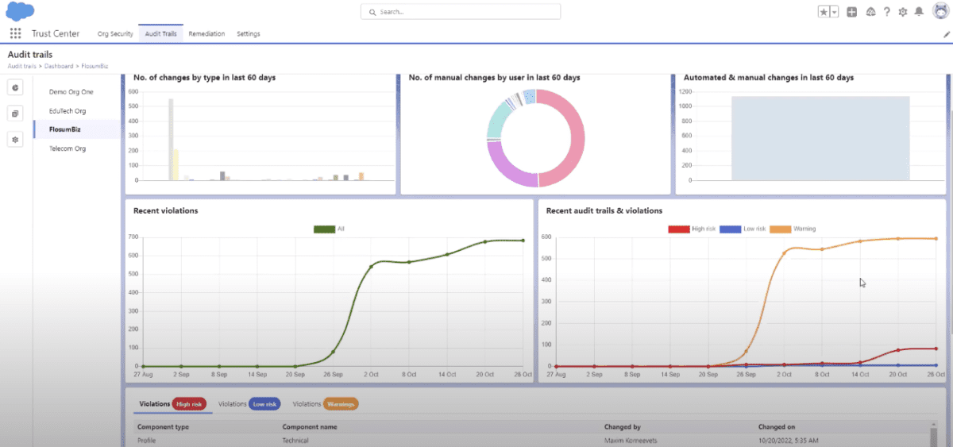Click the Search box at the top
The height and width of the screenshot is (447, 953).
coord(461,12)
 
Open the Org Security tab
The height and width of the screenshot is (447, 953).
coord(115,34)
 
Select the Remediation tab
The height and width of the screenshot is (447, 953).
coord(206,34)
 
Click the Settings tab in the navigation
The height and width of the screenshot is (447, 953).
coord(249,34)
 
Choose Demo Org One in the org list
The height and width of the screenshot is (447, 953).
coord(71,92)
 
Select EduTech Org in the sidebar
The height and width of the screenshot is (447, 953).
coord(68,111)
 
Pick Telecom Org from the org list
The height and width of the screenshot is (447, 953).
coord(68,148)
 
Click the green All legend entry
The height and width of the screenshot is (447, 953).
coord(330,229)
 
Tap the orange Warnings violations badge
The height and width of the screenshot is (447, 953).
coord(341,404)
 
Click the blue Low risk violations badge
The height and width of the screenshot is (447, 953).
coord(264,404)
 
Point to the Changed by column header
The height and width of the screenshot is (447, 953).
coord(622,427)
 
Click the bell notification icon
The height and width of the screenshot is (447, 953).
coord(919,12)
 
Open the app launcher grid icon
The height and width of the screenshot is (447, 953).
coord(15,33)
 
